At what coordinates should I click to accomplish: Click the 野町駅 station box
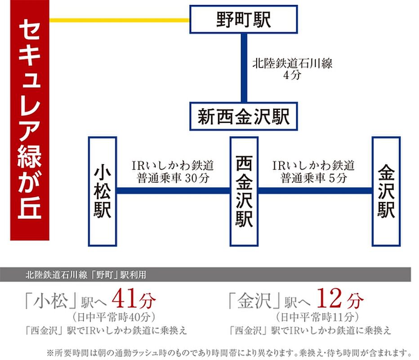(244, 19)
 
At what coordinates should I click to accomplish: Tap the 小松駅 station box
(103, 191)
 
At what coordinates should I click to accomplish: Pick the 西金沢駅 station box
(244, 191)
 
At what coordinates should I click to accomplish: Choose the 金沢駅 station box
(386, 191)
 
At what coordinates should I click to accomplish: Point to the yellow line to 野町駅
(119, 20)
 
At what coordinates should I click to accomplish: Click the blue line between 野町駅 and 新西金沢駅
(244, 67)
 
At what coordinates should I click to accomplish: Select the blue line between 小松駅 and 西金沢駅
(173, 191)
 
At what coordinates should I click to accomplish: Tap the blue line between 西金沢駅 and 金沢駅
(315, 191)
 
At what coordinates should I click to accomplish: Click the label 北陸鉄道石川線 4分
(292, 69)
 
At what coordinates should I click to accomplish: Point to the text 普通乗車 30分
(173, 178)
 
